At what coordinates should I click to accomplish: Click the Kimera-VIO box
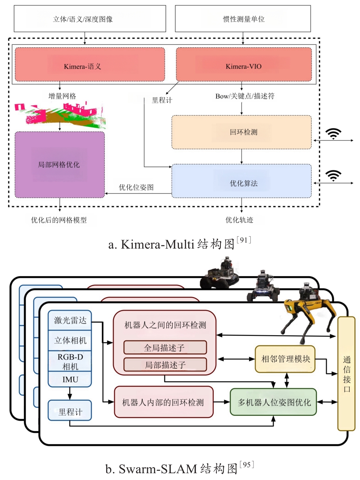(244, 65)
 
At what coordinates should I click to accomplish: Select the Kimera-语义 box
(90, 65)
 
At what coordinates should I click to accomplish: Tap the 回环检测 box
(242, 132)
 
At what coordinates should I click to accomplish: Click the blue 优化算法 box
(242, 181)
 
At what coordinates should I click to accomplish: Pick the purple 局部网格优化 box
(60, 165)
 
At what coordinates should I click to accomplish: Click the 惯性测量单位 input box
(243, 19)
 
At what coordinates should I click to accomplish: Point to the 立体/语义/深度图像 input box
(90, 19)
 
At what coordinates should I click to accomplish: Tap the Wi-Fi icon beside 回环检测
(333, 134)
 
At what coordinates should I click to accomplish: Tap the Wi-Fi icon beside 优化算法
(333, 176)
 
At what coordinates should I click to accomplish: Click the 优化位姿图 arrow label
(136, 187)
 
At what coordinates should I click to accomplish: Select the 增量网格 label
(62, 96)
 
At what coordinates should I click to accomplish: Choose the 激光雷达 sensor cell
(70, 320)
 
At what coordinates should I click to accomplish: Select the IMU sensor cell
(70, 379)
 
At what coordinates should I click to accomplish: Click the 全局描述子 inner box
(165, 347)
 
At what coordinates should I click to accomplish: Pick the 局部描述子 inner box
(165, 365)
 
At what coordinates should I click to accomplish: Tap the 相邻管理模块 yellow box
(285, 359)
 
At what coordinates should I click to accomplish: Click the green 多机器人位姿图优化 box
(273, 402)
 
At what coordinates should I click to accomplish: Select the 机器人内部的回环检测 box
(163, 402)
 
